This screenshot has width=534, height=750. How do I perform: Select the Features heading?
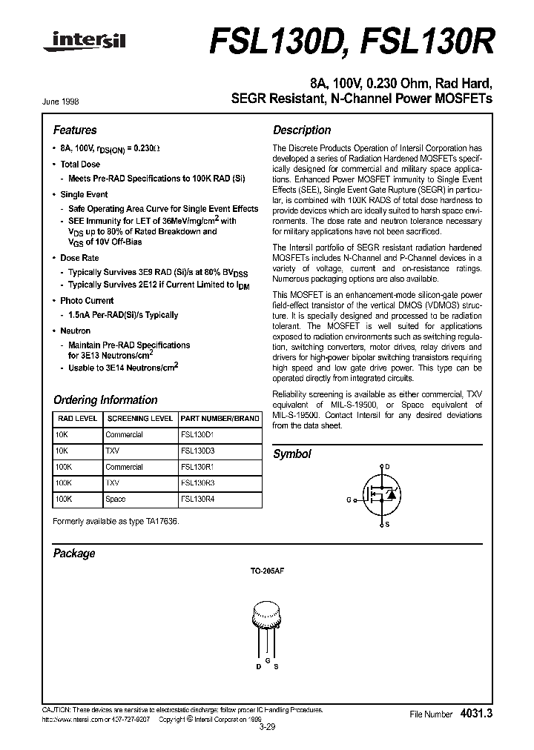75,130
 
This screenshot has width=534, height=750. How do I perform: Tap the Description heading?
302,130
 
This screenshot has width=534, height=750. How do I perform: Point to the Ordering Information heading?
105,400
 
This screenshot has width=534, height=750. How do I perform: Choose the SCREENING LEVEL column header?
140,419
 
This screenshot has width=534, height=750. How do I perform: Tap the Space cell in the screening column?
116,500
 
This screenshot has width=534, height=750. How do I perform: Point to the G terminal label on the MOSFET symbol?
349,500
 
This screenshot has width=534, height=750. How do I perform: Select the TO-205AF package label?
265,574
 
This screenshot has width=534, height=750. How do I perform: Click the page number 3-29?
267,728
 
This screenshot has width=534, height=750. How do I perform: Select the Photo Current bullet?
87,301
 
